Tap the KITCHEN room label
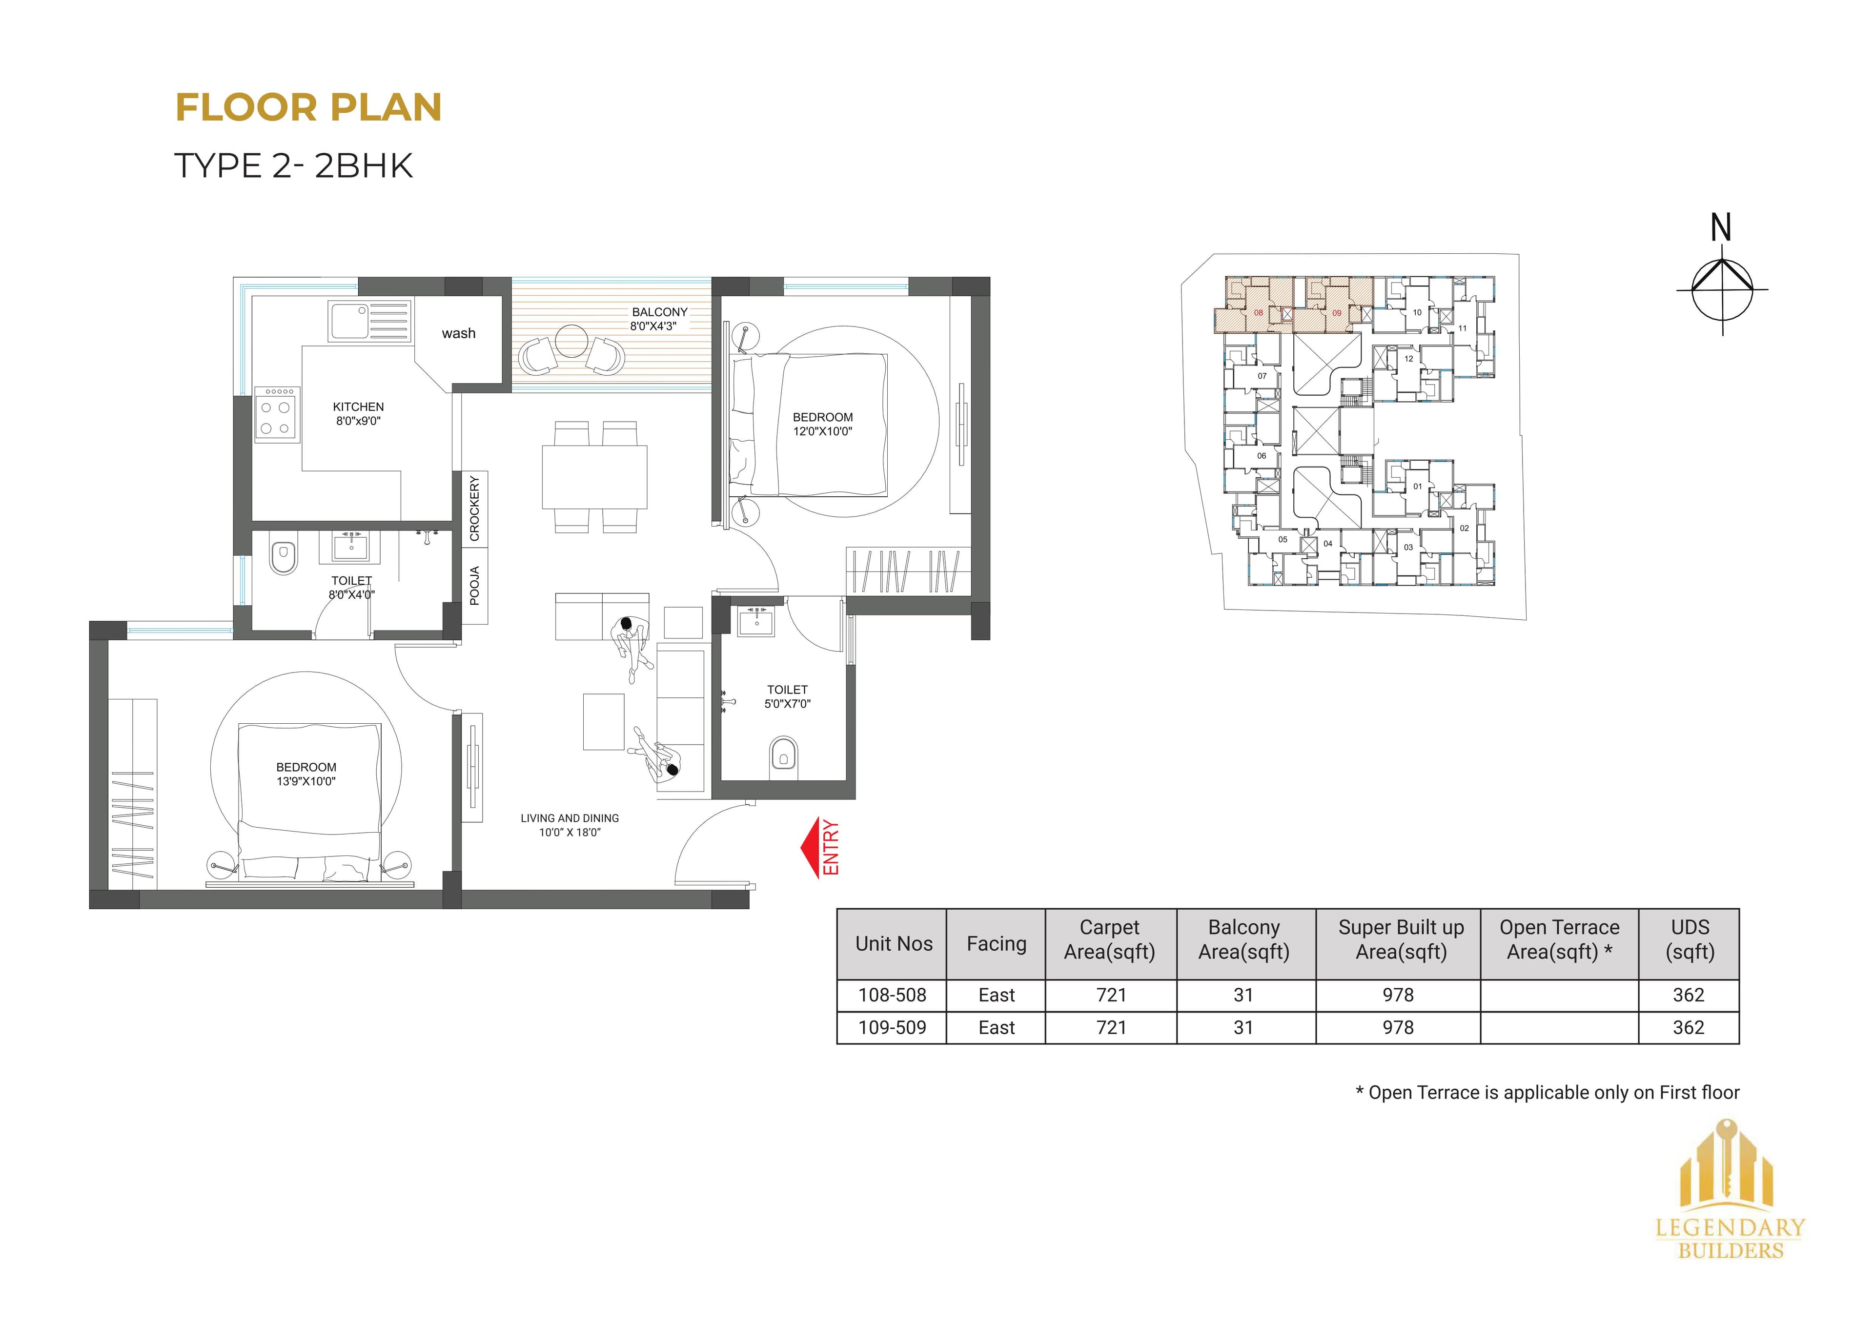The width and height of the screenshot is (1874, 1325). pos(358,407)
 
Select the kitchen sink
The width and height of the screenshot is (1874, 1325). pos(369,320)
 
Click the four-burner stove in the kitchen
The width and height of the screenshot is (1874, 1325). pos(276,415)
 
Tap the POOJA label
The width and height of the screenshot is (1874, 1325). pos(474,585)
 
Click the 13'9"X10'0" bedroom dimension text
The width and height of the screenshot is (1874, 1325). pos(306,781)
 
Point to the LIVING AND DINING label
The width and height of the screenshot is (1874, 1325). pos(570,818)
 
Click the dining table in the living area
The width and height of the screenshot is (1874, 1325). pos(594,477)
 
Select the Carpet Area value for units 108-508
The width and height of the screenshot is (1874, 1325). pos(1111,995)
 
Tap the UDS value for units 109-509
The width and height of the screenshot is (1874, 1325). pos(1688,1028)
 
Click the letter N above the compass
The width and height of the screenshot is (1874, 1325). pos(1721,228)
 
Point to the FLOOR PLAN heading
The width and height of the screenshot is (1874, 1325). pos(308,108)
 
